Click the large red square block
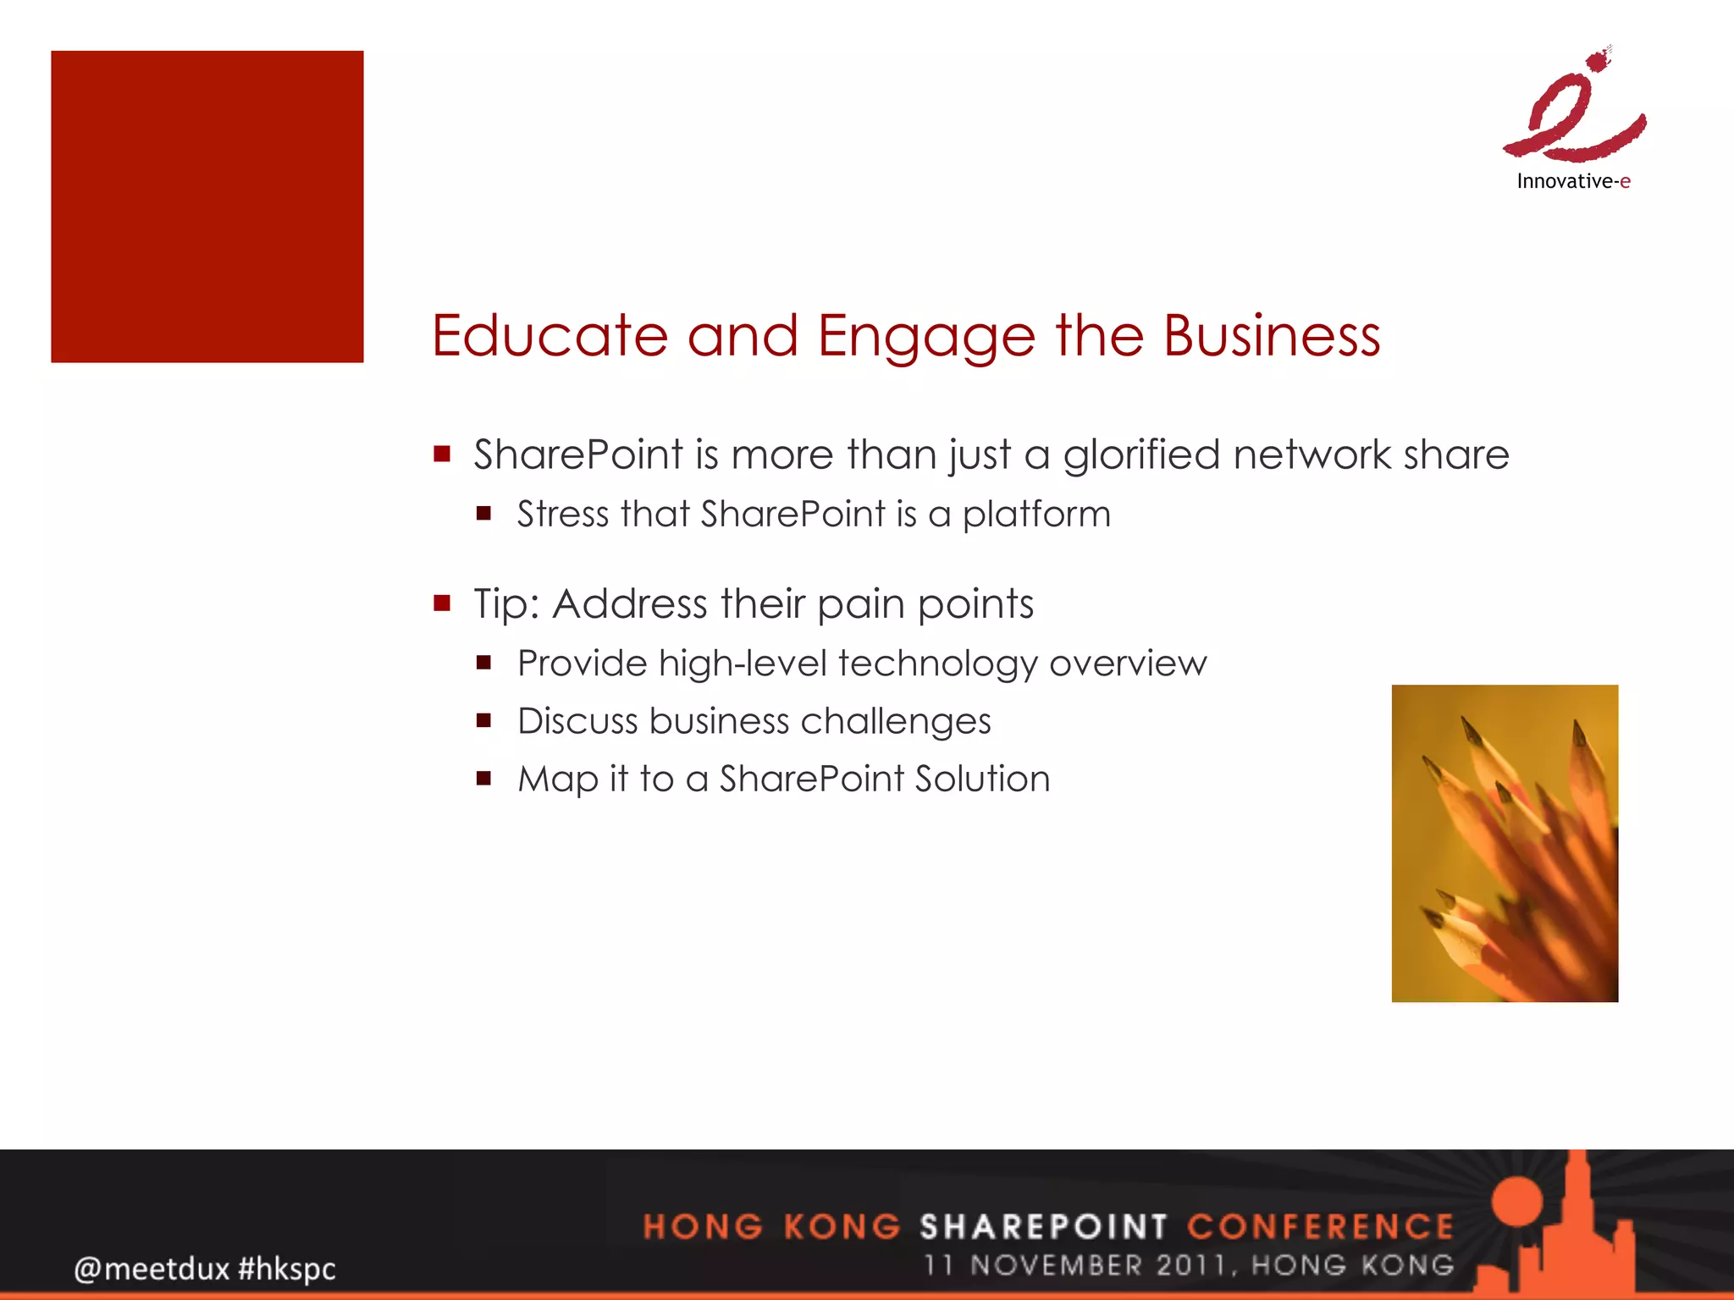coord(207,207)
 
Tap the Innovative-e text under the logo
coord(1573,181)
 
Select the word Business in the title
coord(1271,336)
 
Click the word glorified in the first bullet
coord(1142,454)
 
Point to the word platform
coord(1036,515)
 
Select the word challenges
coord(896,721)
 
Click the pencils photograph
coord(1505,843)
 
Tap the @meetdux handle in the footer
coord(152,1269)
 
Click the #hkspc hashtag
coord(287,1269)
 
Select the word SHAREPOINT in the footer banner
coord(1043,1226)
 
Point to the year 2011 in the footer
coord(1190,1265)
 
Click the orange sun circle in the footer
coord(1517,1201)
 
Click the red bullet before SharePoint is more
coord(442,454)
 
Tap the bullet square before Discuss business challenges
coord(483,721)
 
